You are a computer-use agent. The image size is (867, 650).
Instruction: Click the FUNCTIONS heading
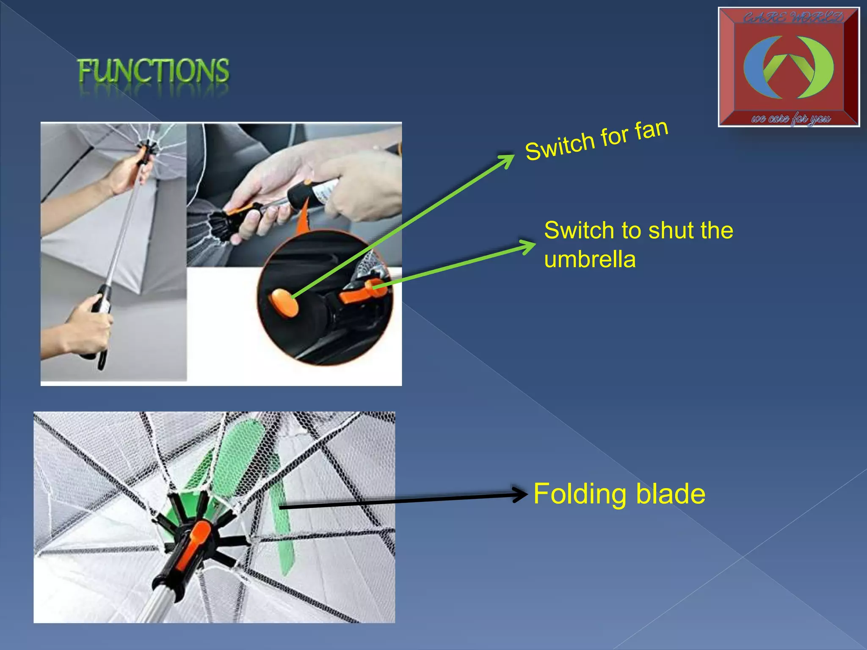(x=153, y=71)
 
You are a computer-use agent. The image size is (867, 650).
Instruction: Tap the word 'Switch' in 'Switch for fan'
(x=559, y=146)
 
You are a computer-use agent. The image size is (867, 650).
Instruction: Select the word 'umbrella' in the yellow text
(x=590, y=259)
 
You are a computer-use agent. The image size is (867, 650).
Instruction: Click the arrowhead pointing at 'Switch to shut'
(x=529, y=245)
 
